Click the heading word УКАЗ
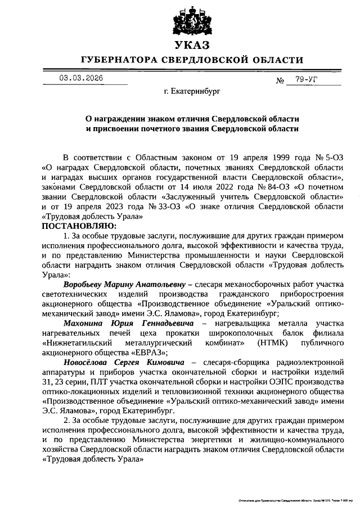point(191,44)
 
